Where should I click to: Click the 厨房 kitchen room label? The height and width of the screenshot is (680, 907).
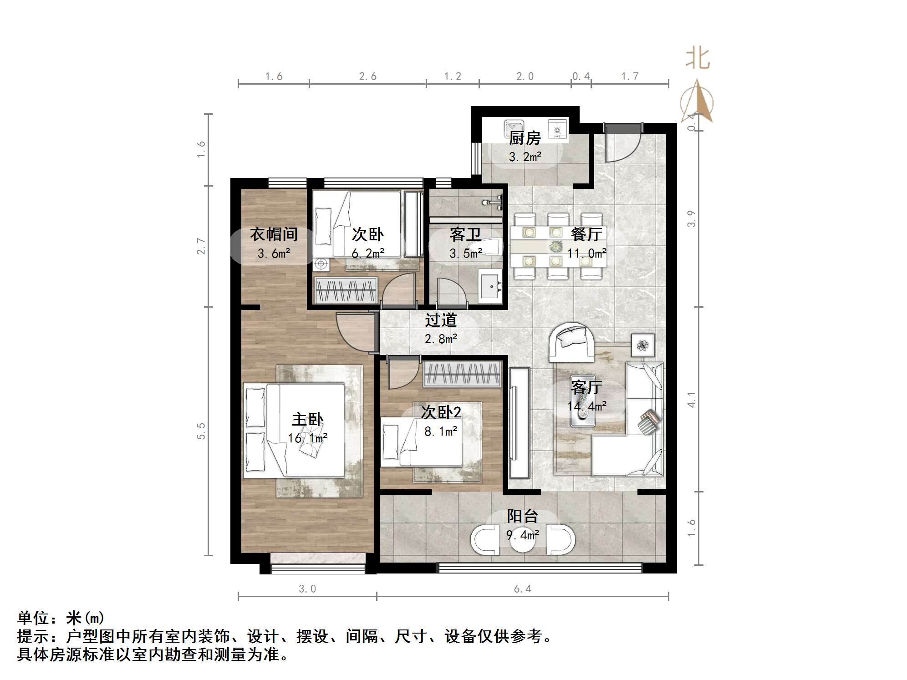[x=525, y=137]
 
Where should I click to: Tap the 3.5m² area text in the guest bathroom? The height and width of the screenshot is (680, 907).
[x=465, y=254]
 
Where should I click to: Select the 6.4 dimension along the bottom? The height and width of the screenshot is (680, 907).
[x=522, y=589]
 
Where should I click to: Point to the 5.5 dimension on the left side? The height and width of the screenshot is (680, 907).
[x=201, y=431]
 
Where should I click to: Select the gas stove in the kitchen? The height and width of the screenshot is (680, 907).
[x=557, y=129]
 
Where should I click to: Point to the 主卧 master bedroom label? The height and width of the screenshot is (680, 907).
[x=307, y=419]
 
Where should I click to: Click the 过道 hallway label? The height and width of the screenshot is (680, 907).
[x=440, y=320]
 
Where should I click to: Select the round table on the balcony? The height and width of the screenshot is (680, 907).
[x=522, y=539]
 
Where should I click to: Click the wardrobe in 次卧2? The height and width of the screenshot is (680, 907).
[x=462, y=374]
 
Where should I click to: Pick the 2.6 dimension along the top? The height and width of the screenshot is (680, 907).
[x=367, y=76]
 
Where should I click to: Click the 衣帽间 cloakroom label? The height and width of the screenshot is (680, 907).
[x=274, y=234]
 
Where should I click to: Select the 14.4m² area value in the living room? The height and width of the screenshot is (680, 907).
[x=586, y=406]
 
